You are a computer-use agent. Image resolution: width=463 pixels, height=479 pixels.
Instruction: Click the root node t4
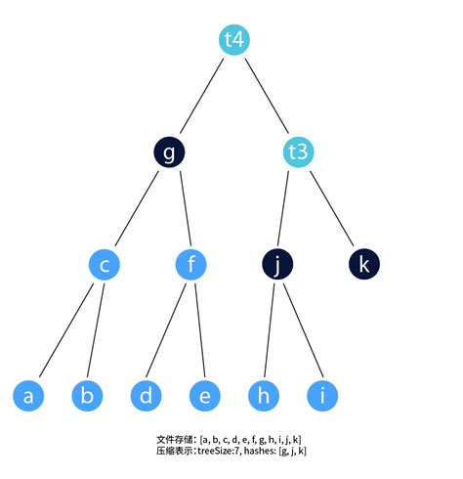click(x=234, y=40)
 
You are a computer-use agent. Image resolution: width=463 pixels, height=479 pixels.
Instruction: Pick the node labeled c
click(x=105, y=264)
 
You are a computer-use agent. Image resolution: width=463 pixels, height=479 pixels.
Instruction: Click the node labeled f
click(x=191, y=264)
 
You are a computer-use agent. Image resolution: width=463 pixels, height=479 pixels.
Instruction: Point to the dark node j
click(x=278, y=264)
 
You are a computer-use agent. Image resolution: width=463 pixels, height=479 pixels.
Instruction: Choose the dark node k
click(x=364, y=264)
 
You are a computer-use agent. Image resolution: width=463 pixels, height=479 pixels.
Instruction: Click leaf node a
click(x=29, y=396)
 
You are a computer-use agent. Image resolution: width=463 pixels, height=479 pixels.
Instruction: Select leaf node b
click(x=88, y=396)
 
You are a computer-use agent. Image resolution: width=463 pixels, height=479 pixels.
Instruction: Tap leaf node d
click(x=147, y=396)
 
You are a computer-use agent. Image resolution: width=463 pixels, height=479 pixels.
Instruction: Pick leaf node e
click(x=205, y=396)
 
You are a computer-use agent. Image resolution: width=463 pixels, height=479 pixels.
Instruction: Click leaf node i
click(x=322, y=396)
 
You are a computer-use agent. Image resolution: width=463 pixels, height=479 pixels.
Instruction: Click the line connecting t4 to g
click(x=202, y=96)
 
